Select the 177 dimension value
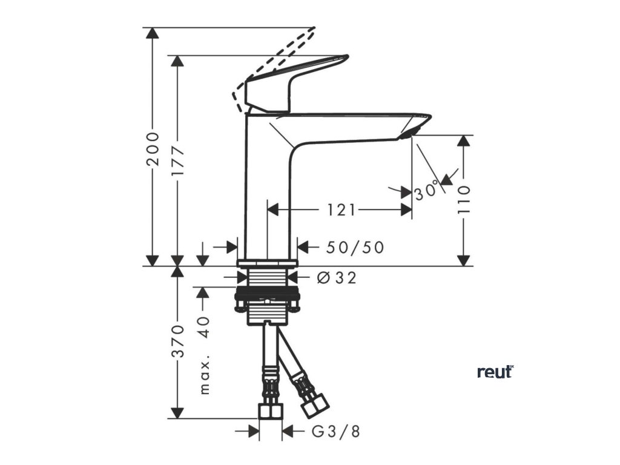point(177,162)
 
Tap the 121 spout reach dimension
point(341,210)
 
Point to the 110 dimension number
point(464,200)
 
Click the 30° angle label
point(426,191)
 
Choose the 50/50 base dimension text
point(355,248)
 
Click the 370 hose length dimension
point(177,341)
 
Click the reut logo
point(495,371)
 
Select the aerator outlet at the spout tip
point(409,133)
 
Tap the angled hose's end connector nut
point(315,404)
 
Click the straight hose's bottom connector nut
point(270,411)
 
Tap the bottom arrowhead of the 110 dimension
point(464,260)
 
